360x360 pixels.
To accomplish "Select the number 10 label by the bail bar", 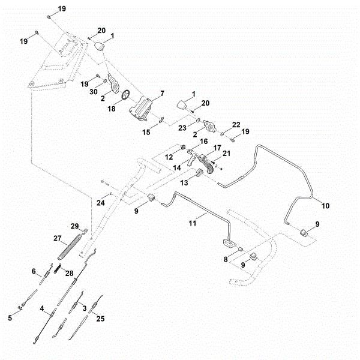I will click(x=326, y=206).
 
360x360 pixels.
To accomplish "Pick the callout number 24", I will click(x=101, y=203).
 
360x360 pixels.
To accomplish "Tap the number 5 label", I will click(x=10, y=319).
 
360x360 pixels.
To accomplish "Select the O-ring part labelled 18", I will click(x=125, y=95).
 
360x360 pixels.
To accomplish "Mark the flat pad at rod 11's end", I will click(x=229, y=242).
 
